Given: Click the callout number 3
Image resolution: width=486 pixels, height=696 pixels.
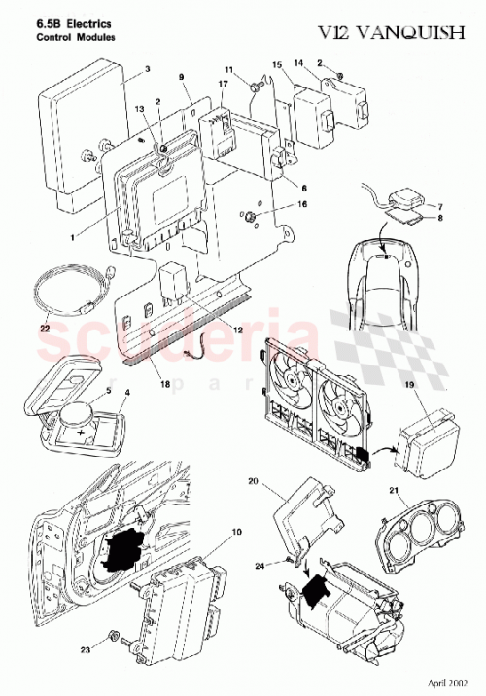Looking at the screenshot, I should (x=147, y=69).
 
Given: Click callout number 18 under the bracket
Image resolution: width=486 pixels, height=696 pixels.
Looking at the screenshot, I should (x=165, y=386).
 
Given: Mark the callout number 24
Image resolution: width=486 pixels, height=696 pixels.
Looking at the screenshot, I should (x=260, y=566).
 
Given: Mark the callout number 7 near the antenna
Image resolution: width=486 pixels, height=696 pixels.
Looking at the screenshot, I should (x=437, y=206).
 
